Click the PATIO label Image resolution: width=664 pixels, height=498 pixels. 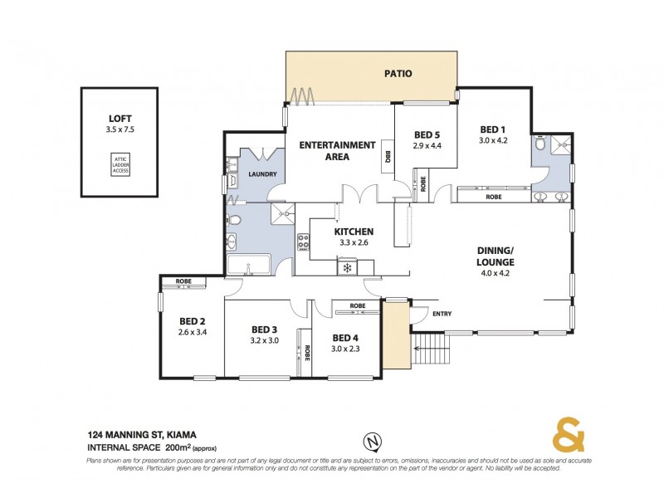click(398, 74)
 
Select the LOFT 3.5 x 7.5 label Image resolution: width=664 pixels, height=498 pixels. click(120, 124)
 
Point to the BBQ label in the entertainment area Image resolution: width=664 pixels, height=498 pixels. click(388, 154)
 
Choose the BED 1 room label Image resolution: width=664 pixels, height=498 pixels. click(493, 134)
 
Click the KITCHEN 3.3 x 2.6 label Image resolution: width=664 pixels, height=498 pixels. click(354, 237)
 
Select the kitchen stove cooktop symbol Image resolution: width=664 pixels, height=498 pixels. click(304, 243)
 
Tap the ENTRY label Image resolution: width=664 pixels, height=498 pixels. click(442, 314)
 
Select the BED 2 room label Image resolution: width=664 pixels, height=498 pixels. click(192, 327)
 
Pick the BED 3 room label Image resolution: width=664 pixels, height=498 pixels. click(263, 334)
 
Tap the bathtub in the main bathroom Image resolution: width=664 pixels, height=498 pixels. click(249, 266)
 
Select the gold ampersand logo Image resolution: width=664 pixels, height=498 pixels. click(567, 434)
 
